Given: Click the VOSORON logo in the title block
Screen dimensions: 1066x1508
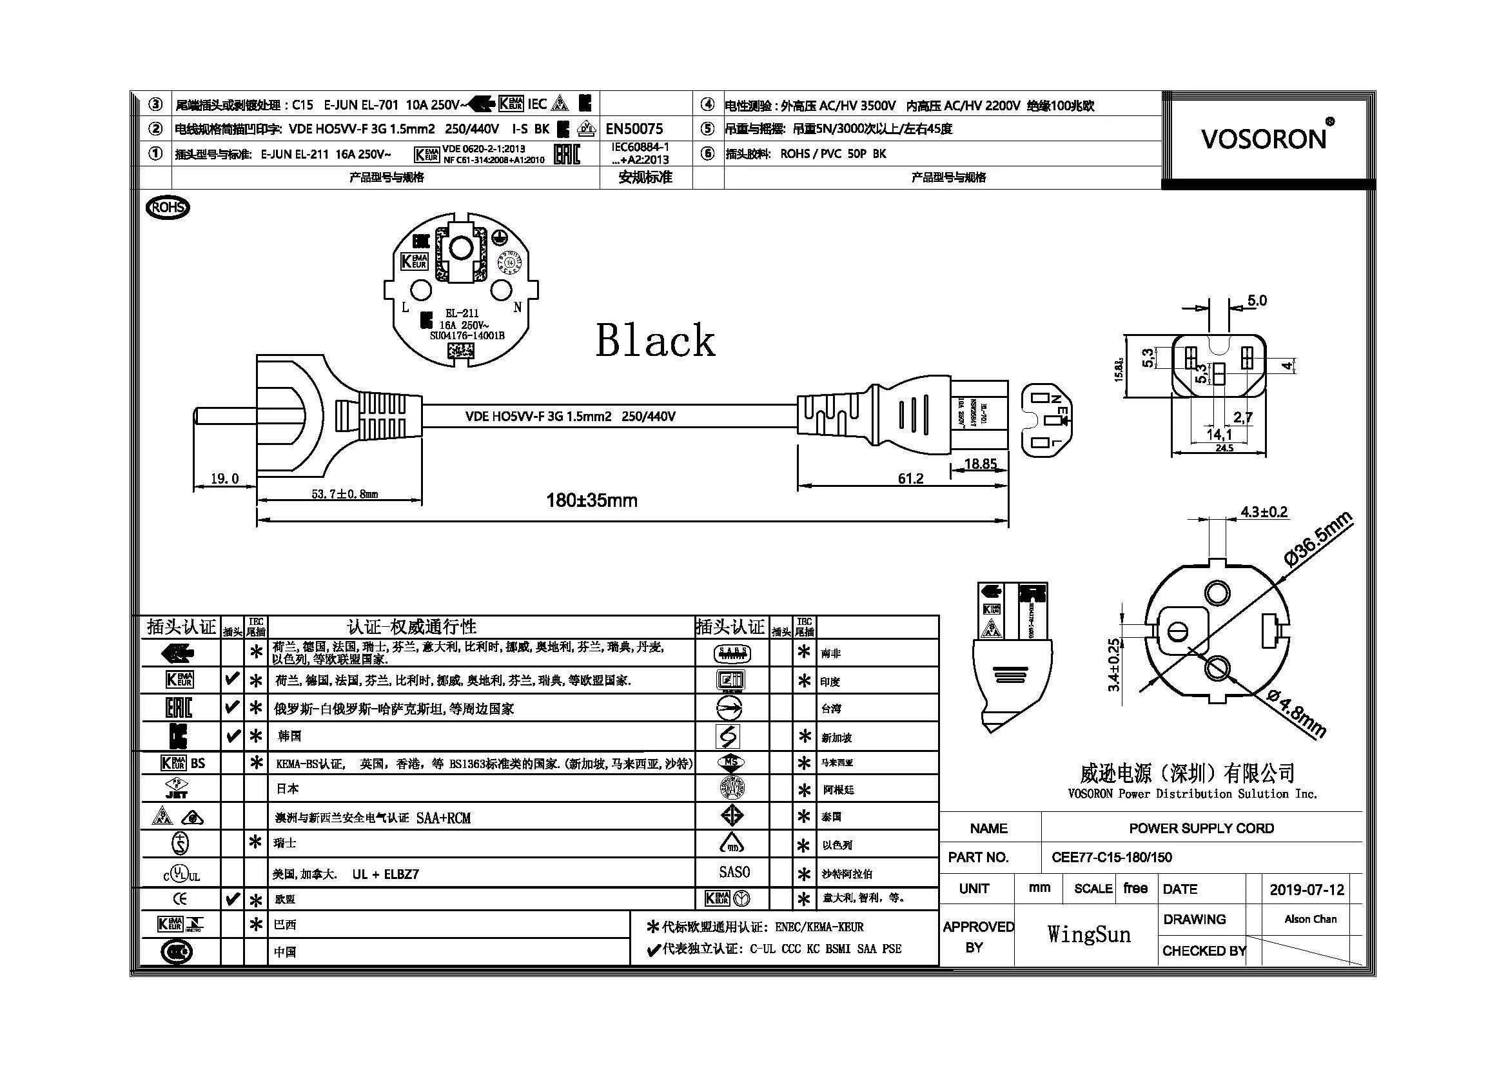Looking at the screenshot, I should tap(1264, 139).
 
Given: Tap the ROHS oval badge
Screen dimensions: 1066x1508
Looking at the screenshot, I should tap(168, 208).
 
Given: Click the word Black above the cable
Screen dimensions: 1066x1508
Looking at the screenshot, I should tap(655, 341).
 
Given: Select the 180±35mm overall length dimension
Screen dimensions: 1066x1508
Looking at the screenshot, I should tap(592, 500).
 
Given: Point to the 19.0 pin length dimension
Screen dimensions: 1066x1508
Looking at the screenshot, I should tap(224, 479).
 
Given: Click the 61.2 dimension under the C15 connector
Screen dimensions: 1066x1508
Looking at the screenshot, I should tap(910, 479).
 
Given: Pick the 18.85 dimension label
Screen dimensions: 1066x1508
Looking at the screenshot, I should tap(980, 464).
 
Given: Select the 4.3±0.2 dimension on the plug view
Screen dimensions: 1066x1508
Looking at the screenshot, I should tap(1264, 511).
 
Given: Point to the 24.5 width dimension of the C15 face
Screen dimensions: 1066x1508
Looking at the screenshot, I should tap(1224, 448).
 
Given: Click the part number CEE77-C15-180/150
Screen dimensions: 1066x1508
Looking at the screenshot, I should tap(1111, 857).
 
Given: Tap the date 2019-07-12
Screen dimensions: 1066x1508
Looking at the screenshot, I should tap(1306, 889).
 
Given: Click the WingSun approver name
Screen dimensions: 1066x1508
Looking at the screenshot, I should tap(1088, 934).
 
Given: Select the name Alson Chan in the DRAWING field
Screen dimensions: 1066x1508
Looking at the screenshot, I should tap(1309, 919).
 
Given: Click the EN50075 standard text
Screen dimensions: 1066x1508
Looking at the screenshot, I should tap(634, 129).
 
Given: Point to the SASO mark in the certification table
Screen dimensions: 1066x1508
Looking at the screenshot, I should tap(734, 872).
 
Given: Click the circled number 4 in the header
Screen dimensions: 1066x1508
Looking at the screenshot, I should tap(707, 104).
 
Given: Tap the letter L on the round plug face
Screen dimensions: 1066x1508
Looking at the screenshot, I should tap(406, 308).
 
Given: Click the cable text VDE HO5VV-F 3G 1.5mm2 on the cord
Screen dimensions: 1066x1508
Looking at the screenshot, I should tap(538, 417).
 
